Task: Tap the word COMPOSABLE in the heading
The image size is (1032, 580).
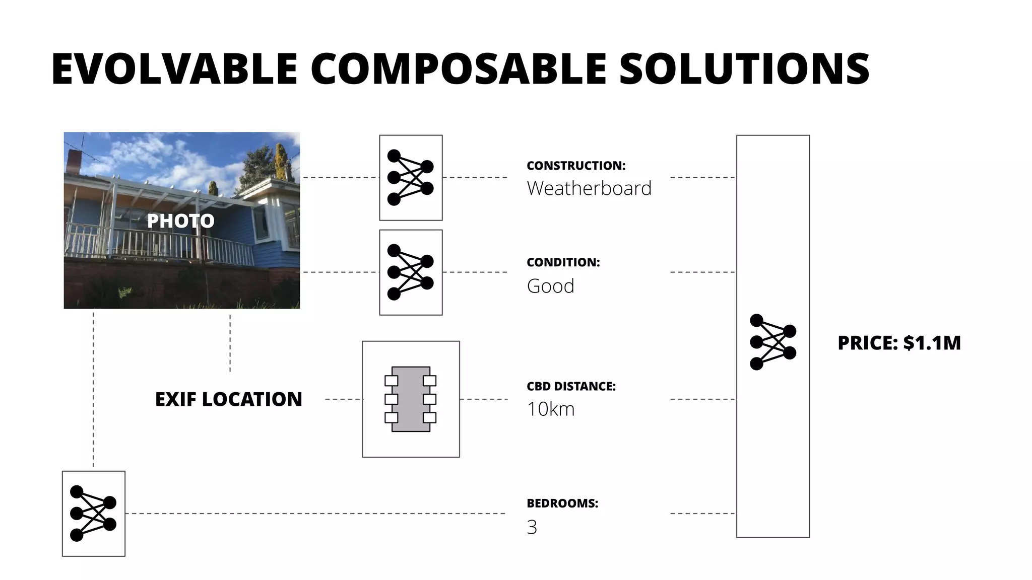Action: click(459, 69)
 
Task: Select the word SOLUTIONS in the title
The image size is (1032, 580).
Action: click(744, 69)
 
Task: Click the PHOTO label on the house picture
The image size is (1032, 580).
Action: click(180, 221)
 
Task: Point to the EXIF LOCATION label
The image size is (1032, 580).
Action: click(228, 399)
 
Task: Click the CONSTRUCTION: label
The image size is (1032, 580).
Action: click(576, 166)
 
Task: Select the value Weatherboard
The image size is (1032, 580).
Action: click(589, 188)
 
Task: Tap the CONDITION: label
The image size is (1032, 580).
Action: click(563, 262)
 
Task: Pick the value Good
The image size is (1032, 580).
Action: click(550, 286)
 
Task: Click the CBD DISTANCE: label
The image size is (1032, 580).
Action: click(571, 387)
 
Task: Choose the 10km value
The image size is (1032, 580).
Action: click(550, 409)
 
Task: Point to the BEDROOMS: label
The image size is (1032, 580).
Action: click(562, 503)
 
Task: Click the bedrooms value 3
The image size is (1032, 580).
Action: click(532, 527)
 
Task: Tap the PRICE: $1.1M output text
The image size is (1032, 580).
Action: click(899, 343)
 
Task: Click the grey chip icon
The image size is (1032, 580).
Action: click(411, 399)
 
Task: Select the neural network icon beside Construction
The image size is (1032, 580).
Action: click(410, 178)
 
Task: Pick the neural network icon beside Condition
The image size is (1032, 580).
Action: click(410, 272)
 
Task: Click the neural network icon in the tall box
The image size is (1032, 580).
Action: click(772, 342)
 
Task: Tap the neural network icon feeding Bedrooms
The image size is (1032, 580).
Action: click(93, 514)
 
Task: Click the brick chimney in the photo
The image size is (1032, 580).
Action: click(74, 161)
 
